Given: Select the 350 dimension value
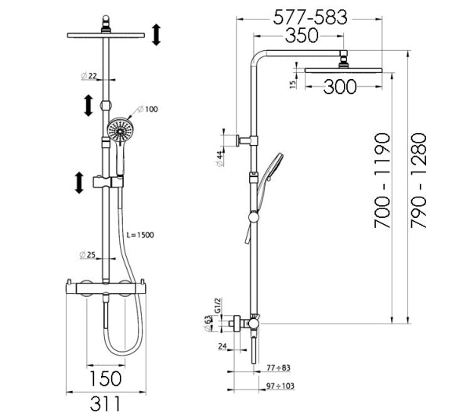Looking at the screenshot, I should pyautogui.click(x=302, y=37).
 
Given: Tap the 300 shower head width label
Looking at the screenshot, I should pyautogui.click(x=340, y=87).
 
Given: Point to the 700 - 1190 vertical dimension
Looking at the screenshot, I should pyautogui.click(x=383, y=181).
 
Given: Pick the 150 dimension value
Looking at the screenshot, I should pyautogui.click(x=105, y=380).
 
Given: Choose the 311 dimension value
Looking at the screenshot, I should pyautogui.click(x=105, y=404).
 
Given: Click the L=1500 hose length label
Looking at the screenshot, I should pyautogui.click(x=141, y=234).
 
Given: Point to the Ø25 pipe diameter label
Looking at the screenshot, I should pyautogui.click(x=89, y=255).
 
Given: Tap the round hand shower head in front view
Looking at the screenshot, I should pyautogui.click(x=119, y=130).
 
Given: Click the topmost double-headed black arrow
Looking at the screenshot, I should pyautogui.click(x=156, y=34).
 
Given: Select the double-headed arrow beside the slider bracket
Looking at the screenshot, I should pyautogui.click(x=79, y=183).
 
